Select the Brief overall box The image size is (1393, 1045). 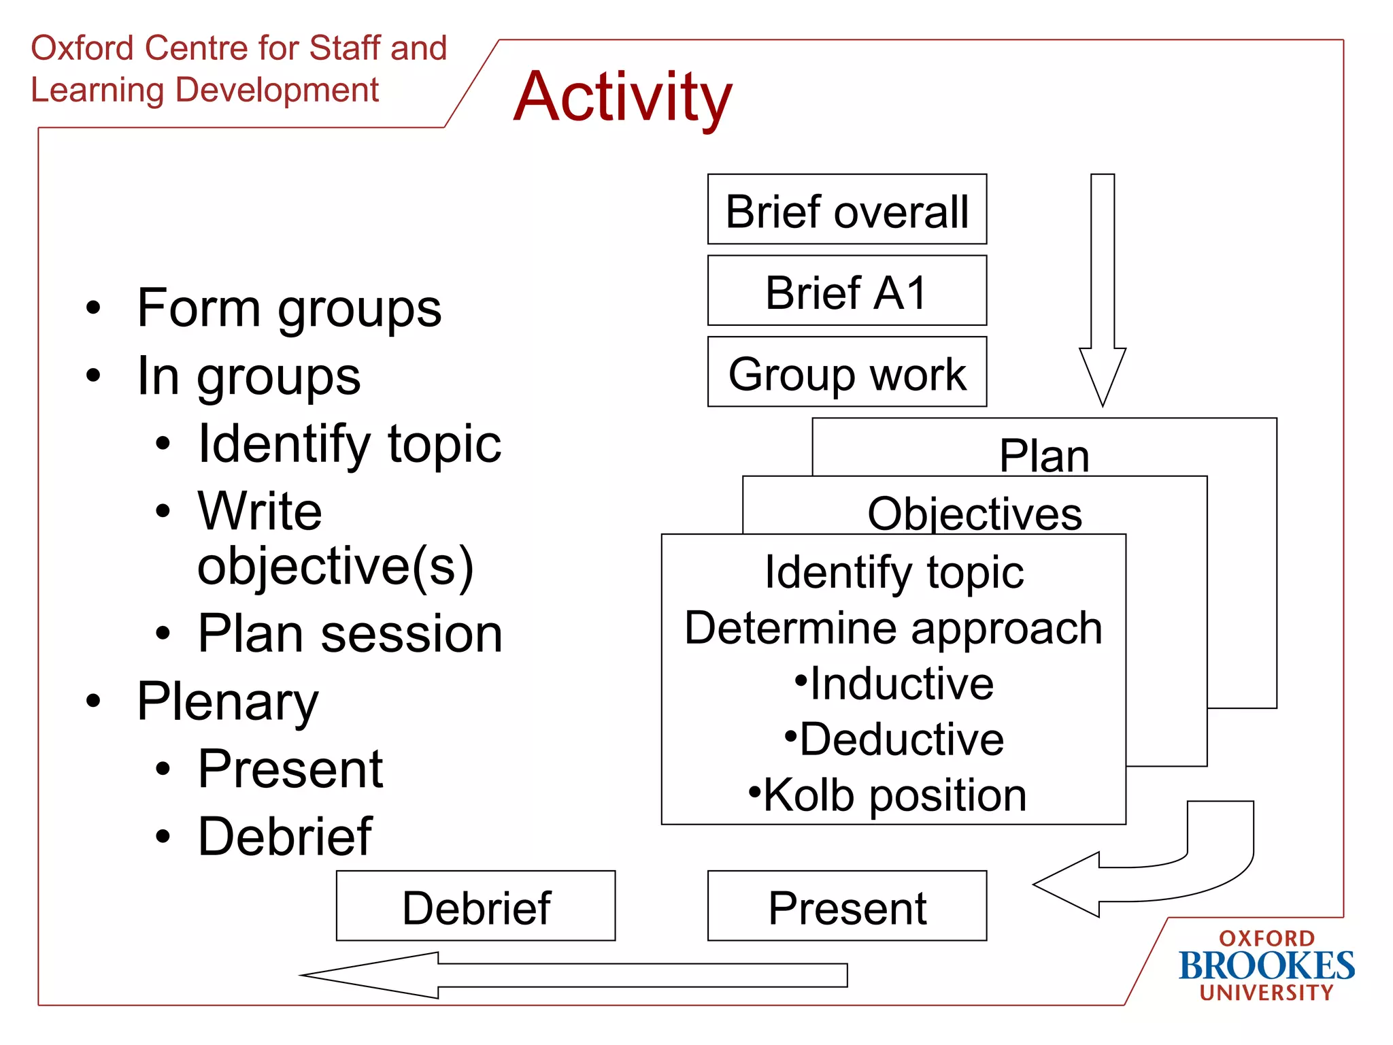click(847, 210)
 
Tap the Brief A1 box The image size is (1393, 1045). click(847, 291)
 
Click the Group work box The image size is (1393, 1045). click(847, 373)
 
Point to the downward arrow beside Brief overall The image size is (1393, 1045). click(1103, 286)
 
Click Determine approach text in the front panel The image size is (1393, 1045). click(893, 627)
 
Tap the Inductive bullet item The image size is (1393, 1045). click(894, 683)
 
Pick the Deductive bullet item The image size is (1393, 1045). click(894, 739)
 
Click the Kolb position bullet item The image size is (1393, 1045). click(888, 795)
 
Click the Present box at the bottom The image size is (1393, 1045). click(847, 907)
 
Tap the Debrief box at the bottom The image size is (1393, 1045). click(475, 907)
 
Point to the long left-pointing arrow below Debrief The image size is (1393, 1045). click(578, 975)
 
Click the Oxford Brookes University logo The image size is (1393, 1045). click(1266, 965)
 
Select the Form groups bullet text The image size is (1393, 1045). click(289, 308)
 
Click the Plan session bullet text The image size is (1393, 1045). click(350, 633)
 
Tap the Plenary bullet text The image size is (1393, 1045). click(228, 701)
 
